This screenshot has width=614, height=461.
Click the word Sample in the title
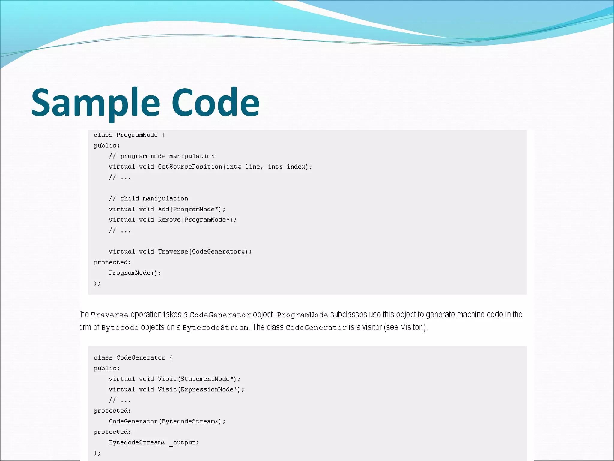tap(95, 103)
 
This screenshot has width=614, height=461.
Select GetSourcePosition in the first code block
tap(190, 167)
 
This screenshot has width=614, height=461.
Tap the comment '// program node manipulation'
tap(162, 156)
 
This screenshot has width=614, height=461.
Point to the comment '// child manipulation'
tap(148, 199)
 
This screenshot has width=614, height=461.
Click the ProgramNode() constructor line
tap(135, 273)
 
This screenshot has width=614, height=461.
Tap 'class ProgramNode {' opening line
tap(129, 135)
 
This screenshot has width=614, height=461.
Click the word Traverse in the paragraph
tap(109, 315)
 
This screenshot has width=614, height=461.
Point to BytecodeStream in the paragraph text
tap(215, 328)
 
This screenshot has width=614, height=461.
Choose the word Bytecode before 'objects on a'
tap(120, 328)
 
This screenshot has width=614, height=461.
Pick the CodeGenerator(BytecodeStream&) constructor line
tap(167, 421)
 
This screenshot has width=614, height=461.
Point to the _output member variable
tap(184, 443)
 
